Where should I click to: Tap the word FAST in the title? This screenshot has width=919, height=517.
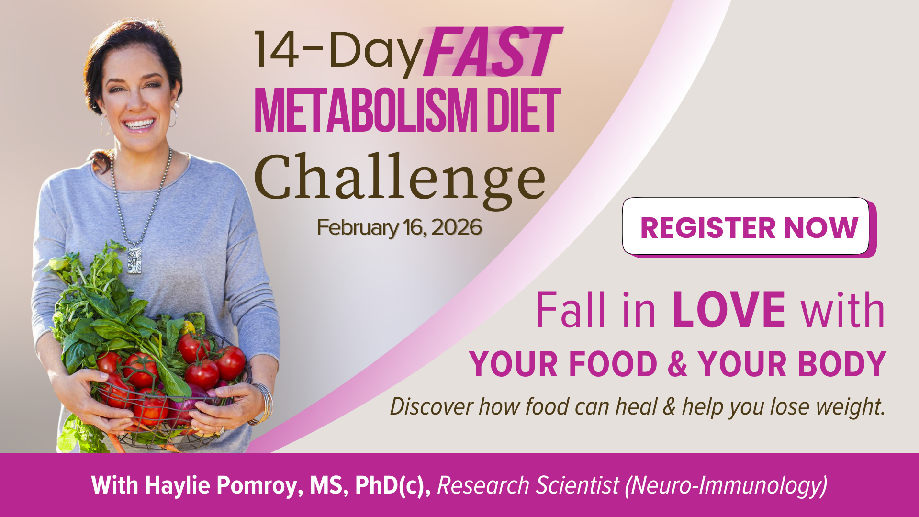click(493, 52)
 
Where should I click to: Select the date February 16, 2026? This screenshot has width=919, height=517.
click(399, 227)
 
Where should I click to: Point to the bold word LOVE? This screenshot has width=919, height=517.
click(728, 310)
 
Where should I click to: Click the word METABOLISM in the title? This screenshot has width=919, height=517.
click(366, 111)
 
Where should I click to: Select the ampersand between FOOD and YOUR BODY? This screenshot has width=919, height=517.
click(677, 364)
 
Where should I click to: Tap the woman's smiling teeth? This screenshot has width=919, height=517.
click(139, 125)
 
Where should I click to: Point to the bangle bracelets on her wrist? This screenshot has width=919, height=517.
click(263, 403)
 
